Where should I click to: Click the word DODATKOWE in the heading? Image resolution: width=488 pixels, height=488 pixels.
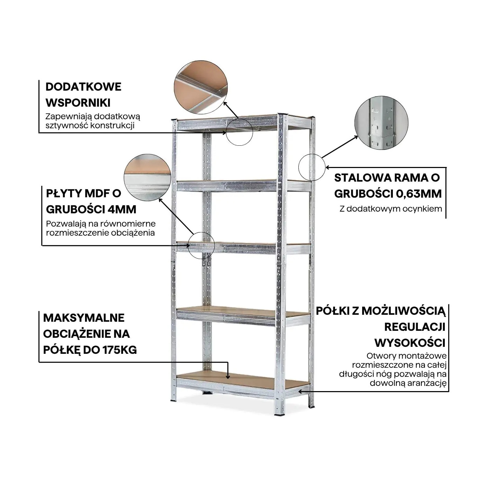83,87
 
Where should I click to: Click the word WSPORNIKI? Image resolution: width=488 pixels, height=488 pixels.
78,103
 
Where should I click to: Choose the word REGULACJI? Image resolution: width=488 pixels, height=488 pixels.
415,327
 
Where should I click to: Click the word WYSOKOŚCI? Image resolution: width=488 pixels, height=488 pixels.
410,343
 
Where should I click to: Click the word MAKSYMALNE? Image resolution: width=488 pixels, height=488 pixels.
84,318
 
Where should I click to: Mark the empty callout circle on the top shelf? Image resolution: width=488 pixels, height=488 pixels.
239,131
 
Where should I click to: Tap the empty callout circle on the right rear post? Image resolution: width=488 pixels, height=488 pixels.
312,167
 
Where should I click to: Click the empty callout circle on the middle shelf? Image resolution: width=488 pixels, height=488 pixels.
201,245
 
